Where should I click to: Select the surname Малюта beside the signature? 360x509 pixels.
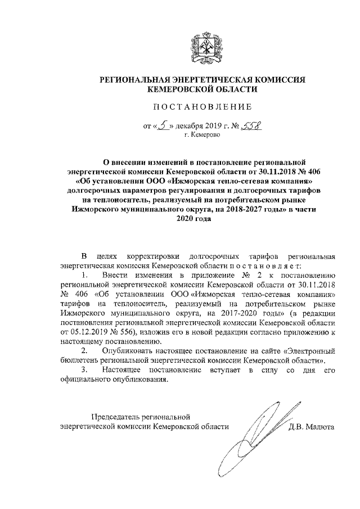point(319,426)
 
